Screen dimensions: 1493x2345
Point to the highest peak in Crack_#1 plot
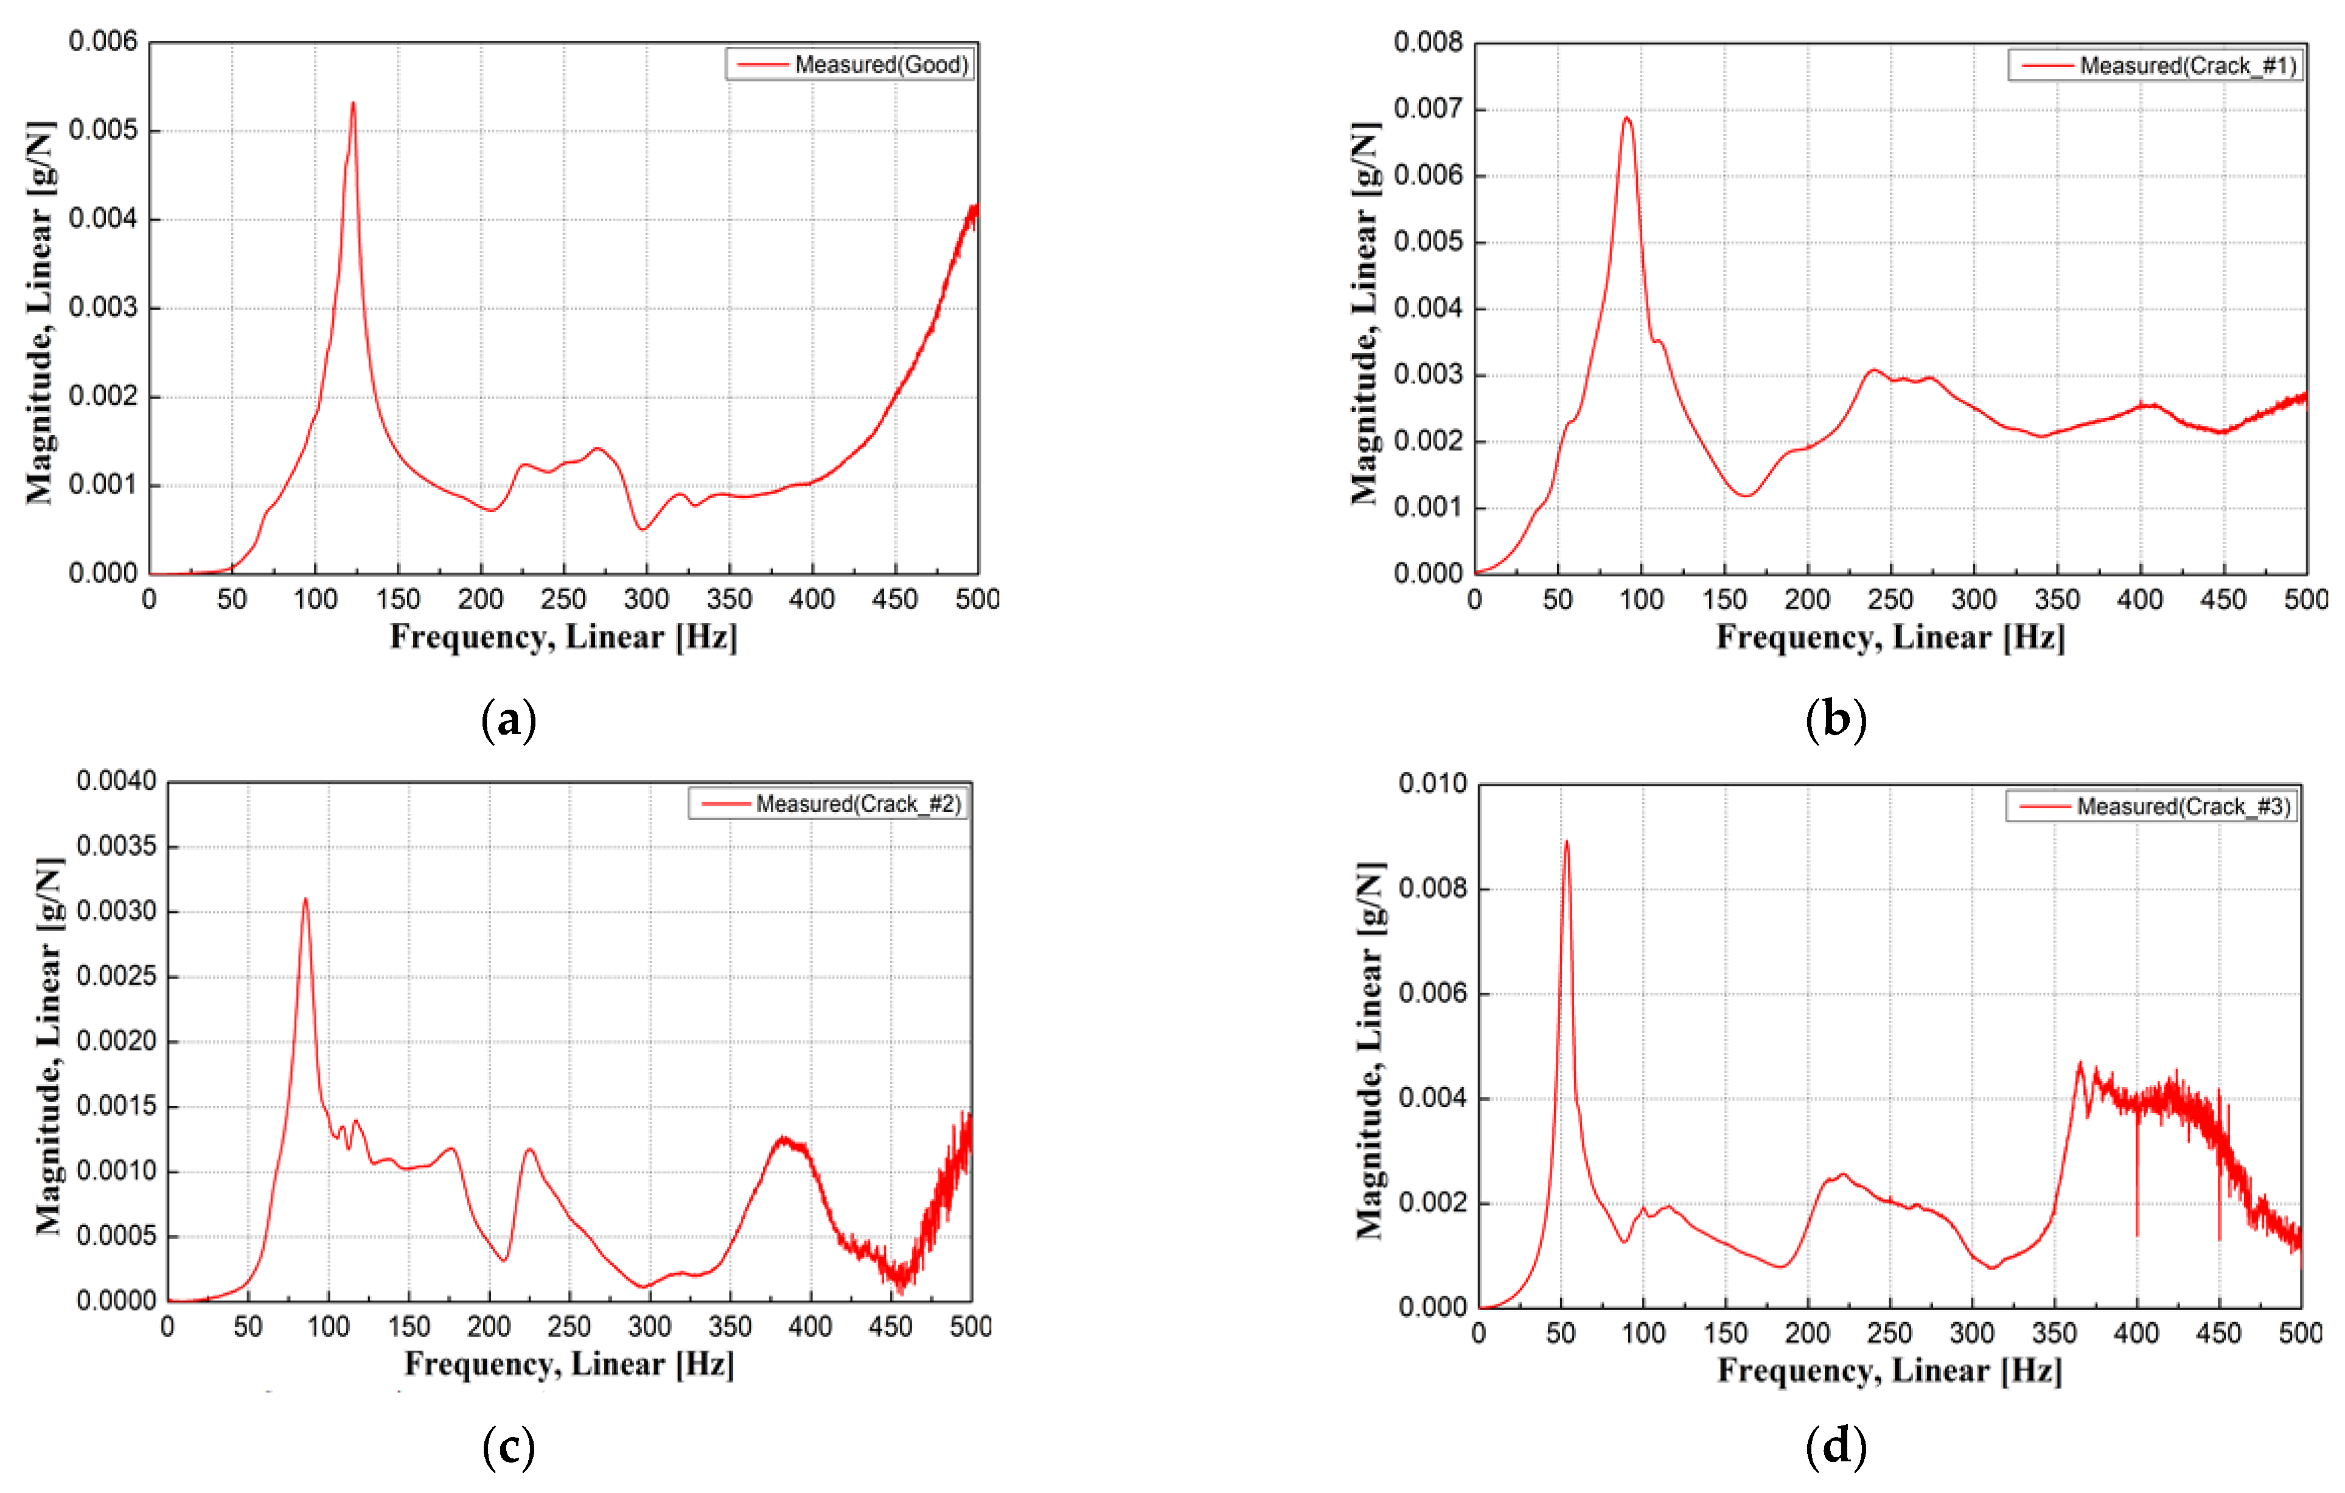[x=1626, y=118]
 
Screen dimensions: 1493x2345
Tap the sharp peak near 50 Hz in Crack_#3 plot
[x=1566, y=842]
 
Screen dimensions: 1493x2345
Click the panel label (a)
[x=508, y=721]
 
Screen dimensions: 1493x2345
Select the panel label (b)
[x=1836, y=721]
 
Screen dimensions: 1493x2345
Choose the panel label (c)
[x=508, y=1447]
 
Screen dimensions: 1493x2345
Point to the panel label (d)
[x=1836, y=1447]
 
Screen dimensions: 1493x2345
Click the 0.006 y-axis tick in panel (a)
[x=103, y=42]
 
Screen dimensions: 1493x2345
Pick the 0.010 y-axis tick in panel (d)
[x=1432, y=783]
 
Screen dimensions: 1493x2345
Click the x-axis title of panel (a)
[x=564, y=637]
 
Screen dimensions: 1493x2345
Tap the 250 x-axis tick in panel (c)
[x=569, y=1326]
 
